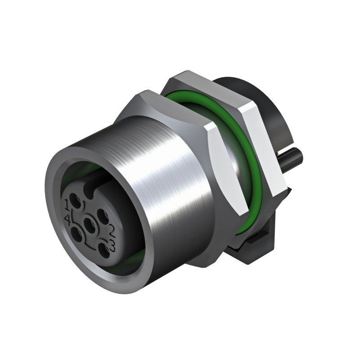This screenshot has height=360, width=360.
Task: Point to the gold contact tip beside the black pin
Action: (283, 156)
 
